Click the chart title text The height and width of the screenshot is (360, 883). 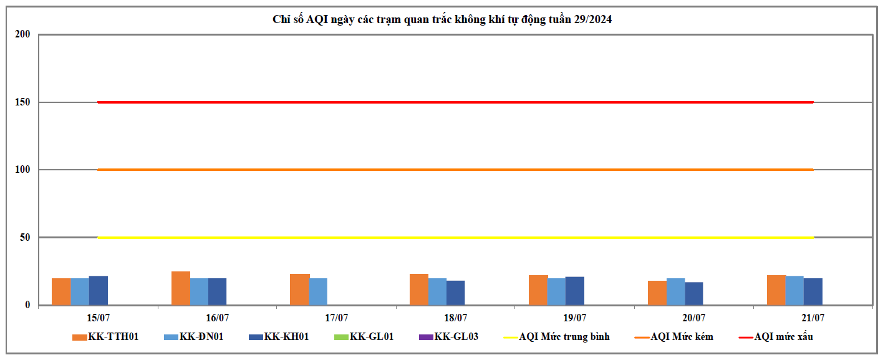442,19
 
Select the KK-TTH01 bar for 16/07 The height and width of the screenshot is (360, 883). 181,288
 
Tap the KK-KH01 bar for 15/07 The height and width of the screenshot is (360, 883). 99,290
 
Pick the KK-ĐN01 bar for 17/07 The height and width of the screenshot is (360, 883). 318,291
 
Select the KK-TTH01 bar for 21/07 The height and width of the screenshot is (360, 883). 776,290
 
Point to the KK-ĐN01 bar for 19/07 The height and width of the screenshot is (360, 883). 556,291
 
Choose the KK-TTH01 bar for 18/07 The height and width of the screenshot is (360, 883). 419,289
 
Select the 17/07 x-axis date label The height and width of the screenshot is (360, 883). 337,318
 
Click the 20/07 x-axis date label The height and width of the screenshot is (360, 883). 694,318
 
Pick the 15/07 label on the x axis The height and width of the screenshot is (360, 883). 99,318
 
